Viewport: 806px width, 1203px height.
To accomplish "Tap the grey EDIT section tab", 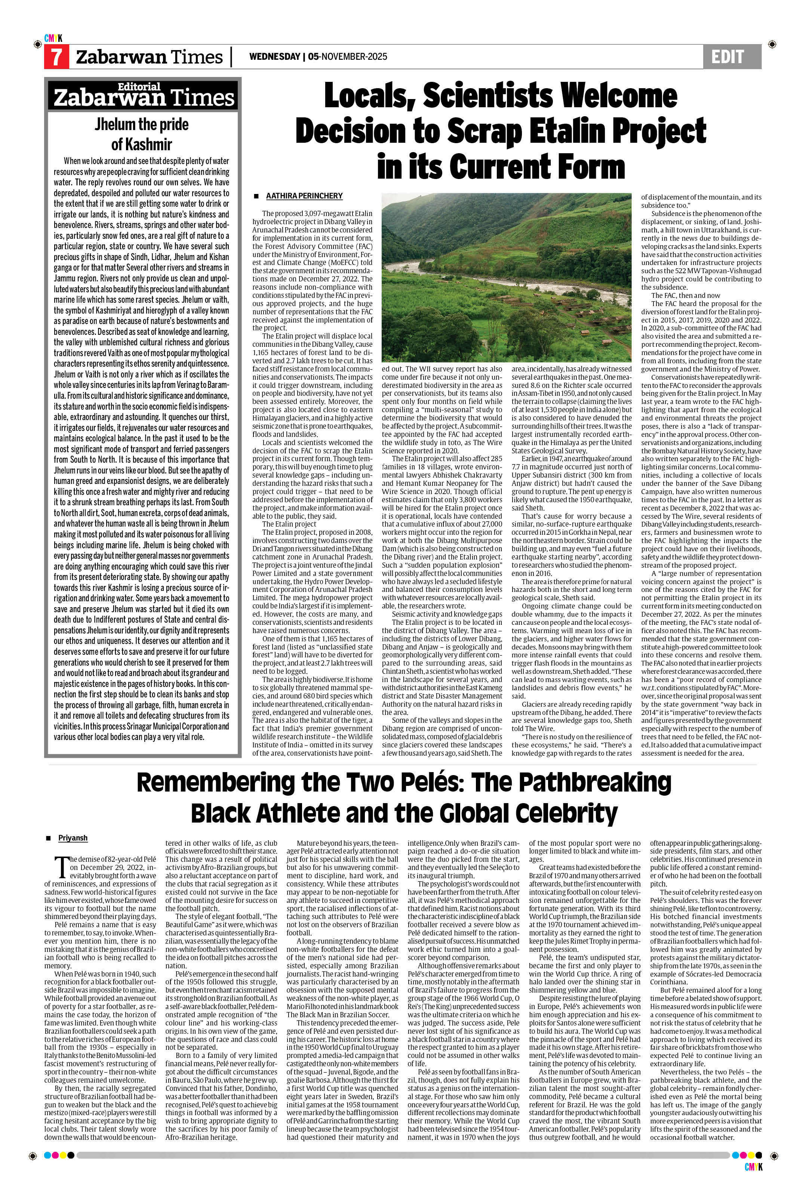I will click(x=732, y=56).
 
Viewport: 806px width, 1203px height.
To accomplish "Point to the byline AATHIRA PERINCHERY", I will click(x=304, y=196).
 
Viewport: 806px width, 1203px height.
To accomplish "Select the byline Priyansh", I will click(x=73, y=838).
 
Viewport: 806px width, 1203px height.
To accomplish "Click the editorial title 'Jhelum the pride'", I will click(x=141, y=124).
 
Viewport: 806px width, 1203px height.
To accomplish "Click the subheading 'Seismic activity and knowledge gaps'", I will click(x=447, y=614).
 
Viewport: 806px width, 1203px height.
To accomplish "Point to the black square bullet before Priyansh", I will click(x=49, y=838).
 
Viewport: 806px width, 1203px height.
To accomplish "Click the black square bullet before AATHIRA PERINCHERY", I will click(x=255, y=196).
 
